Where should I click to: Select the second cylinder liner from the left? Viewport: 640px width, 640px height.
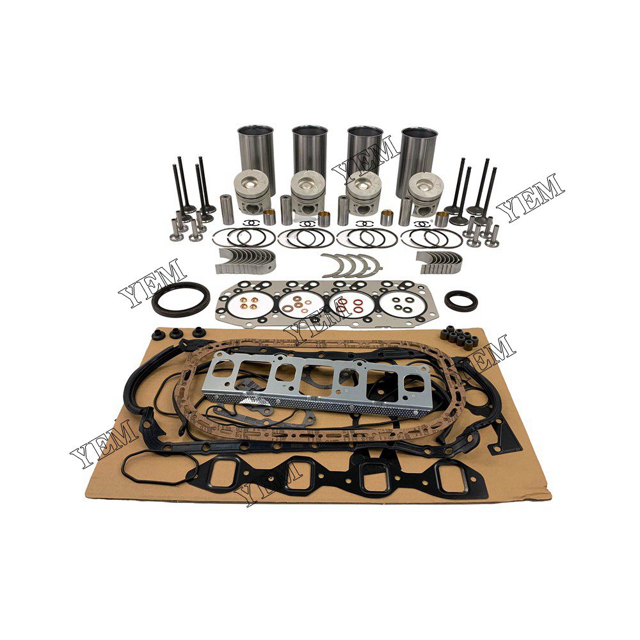pyautogui.click(x=310, y=150)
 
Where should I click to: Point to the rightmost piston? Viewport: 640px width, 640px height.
pyautogui.click(x=425, y=192)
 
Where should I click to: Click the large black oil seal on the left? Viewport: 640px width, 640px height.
pyautogui.click(x=180, y=296)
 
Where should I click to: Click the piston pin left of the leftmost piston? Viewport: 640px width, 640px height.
pyautogui.click(x=226, y=207)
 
